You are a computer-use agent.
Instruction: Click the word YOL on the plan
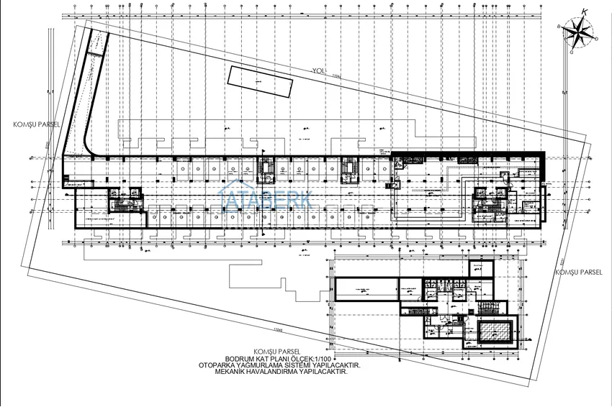(x=319, y=71)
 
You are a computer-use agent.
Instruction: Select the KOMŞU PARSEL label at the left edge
(x=36, y=124)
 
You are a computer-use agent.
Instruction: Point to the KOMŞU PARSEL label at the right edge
(x=578, y=273)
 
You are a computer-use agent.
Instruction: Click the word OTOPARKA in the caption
(x=221, y=365)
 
